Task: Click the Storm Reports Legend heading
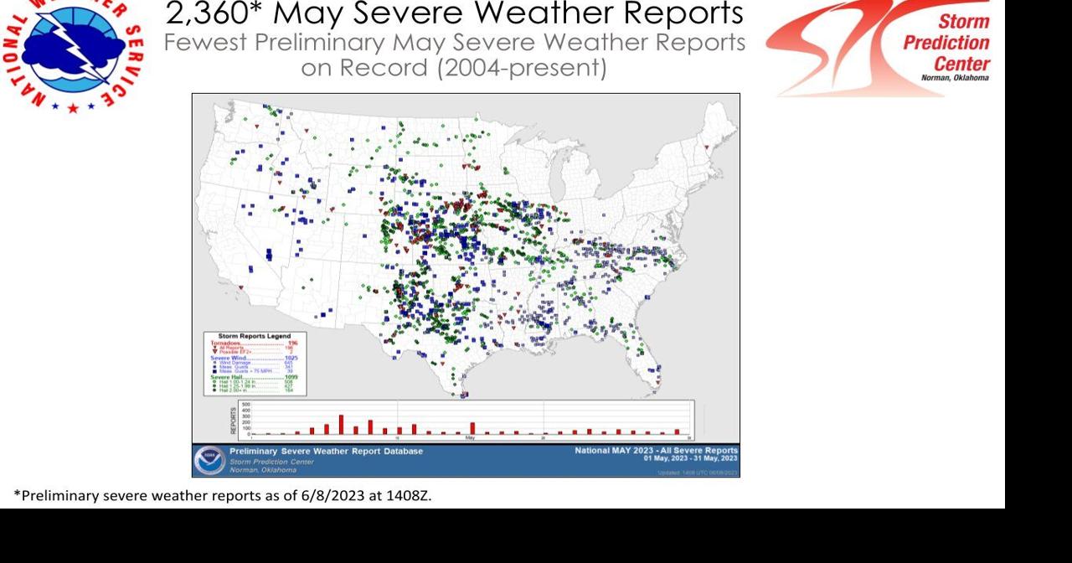(255, 336)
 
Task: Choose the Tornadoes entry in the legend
(228, 343)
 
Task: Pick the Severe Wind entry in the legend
(231, 358)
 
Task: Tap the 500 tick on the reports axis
(245, 405)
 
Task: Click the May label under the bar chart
(470, 437)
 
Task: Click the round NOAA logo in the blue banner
(209, 460)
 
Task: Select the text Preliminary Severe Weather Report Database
(327, 451)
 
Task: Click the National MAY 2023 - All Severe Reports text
(656, 450)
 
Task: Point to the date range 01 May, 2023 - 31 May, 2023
(690, 458)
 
